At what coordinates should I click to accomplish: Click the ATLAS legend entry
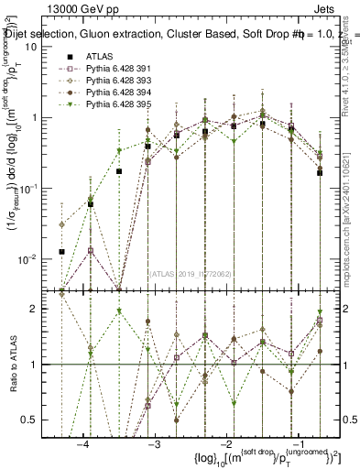click(101, 57)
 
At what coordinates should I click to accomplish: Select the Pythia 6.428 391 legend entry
click(121, 70)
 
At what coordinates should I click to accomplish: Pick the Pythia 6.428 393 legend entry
click(121, 82)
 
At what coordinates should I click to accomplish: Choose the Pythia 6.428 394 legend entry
click(121, 93)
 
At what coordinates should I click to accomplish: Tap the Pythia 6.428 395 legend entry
click(121, 105)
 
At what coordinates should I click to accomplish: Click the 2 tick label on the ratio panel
click(38, 309)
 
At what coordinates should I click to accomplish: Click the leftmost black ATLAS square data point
click(61, 251)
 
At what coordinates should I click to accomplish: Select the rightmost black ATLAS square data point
click(320, 172)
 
